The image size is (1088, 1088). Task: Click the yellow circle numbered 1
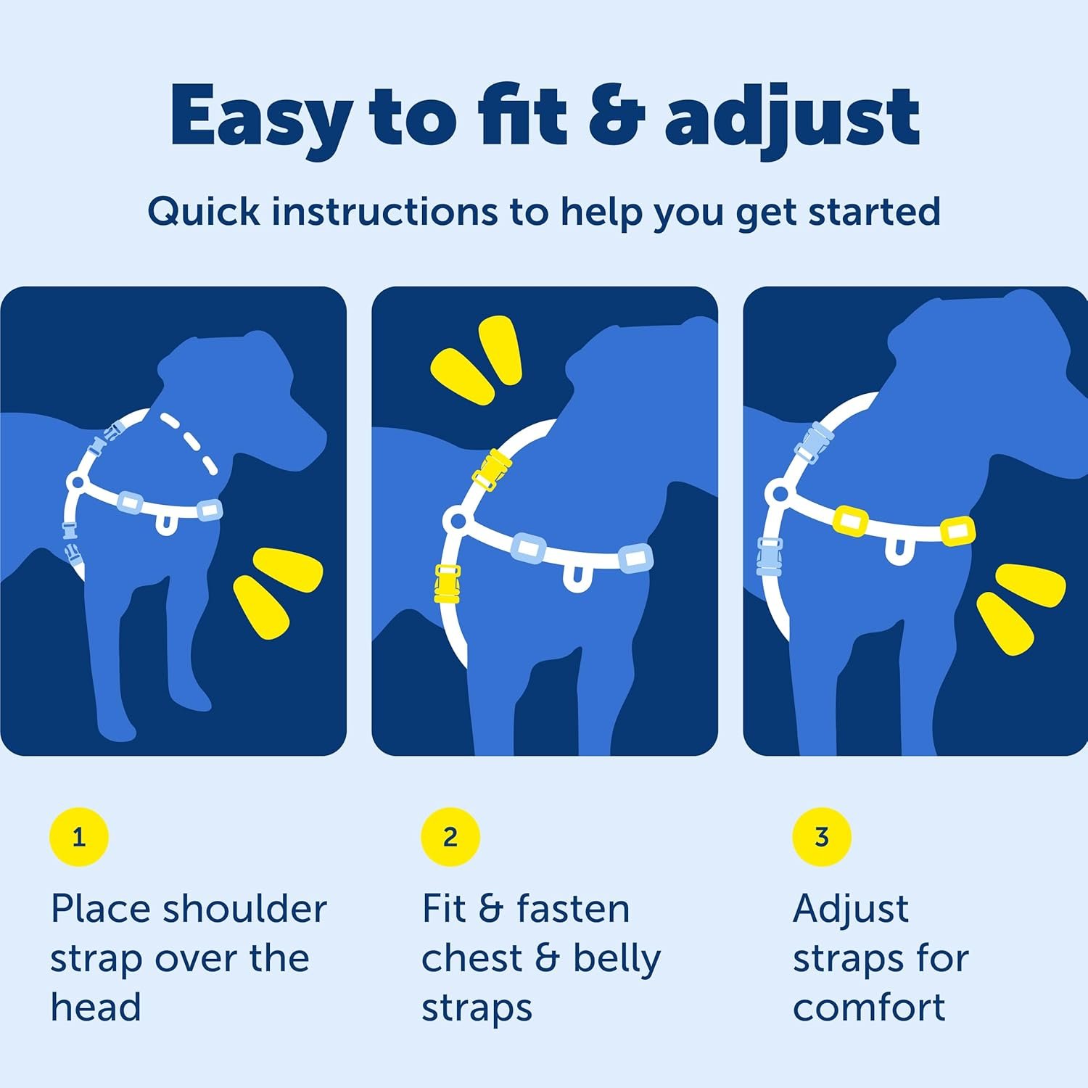pos(79,837)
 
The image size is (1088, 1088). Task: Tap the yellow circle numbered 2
pos(450,837)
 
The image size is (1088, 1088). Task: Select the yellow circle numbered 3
pos(822,837)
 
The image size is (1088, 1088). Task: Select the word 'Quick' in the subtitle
pos(204,213)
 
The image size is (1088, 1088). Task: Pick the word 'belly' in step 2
pos(617,959)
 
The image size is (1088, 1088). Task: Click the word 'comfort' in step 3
pos(869,1008)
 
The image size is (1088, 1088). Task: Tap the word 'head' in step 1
pos(96,1008)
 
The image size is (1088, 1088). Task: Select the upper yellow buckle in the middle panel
pos(493,469)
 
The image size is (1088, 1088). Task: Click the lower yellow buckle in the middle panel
pos(447,584)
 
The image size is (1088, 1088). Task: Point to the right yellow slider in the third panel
pos(957,531)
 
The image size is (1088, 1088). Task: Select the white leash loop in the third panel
pos(898,551)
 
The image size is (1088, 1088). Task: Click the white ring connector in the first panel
pos(76,482)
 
